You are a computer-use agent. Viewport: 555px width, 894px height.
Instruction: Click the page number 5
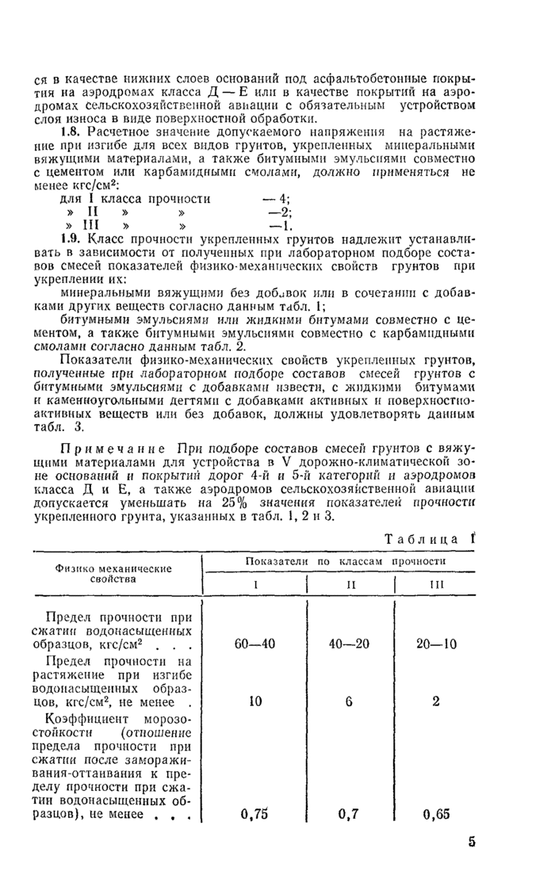(x=471, y=842)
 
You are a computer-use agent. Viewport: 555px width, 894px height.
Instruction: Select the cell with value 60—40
(x=255, y=644)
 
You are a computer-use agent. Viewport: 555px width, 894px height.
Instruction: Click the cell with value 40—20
(x=350, y=644)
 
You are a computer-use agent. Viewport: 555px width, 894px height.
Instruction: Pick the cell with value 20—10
(x=436, y=644)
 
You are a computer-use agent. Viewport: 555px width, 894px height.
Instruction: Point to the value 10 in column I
(x=255, y=701)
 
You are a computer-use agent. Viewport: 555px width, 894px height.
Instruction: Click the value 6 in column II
(x=350, y=701)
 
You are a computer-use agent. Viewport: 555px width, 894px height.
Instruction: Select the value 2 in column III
(x=436, y=701)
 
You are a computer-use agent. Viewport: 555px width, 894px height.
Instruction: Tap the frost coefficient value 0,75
(x=255, y=813)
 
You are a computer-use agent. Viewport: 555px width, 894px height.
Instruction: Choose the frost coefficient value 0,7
(x=350, y=813)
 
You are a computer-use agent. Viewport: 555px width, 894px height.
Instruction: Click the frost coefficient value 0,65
(x=436, y=813)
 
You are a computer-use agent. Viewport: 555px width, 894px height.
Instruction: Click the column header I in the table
(x=255, y=584)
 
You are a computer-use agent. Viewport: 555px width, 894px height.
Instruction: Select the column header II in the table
(x=350, y=584)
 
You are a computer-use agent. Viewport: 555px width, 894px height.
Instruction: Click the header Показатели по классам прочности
(x=346, y=561)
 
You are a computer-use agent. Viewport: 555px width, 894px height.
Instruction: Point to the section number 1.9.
(x=71, y=239)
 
